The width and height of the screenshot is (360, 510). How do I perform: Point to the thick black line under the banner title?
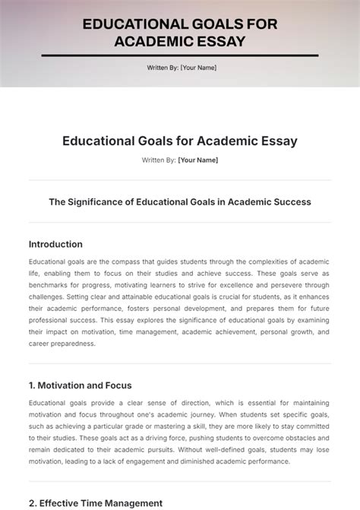tap(179, 55)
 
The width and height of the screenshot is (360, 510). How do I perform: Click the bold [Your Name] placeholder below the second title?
tap(197, 160)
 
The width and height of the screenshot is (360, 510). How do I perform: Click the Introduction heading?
tap(55, 244)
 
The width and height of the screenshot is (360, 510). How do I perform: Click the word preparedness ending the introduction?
tap(73, 343)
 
